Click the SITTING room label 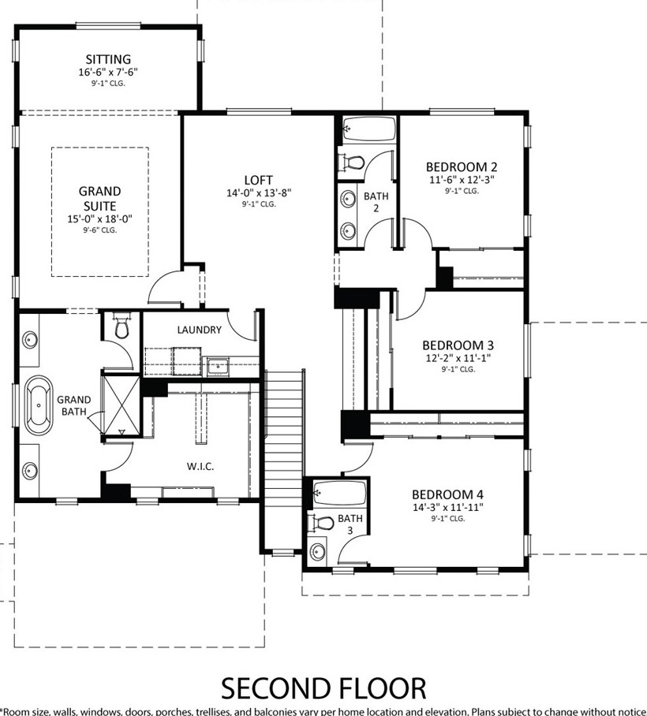pyautogui.click(x=108, y=59)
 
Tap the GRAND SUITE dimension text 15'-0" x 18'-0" pyautogui.click(x=100, y=219)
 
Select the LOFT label pyautogui.click(x=258, y=181)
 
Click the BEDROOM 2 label pyautogui.click(x=462, y=167)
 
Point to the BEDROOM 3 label pyautogui.click(x=458, y=345)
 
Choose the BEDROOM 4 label pyautogui.click(x=448, y=494)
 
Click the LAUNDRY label pyautogui.click(x=199, y=330)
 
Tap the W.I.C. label pyautogui.click(x=200, y=466)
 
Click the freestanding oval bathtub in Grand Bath pyautogui.click(x=39, y=405)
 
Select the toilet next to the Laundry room pyautogui.click(x=122, y=325)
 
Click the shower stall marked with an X pyautogui.click(x=122, y=405)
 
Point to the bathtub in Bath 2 pyautogui.click(x=369, y=129)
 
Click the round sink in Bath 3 pyautogui.click(x=317, y=552)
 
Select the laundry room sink pyautogui.click(x=219, y=366)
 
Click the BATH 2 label pyautogui.click(x=376, y=202)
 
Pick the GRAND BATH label pyautogui.click(x=74, y=405)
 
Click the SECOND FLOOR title pyautogui.click(x=323, y=688)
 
